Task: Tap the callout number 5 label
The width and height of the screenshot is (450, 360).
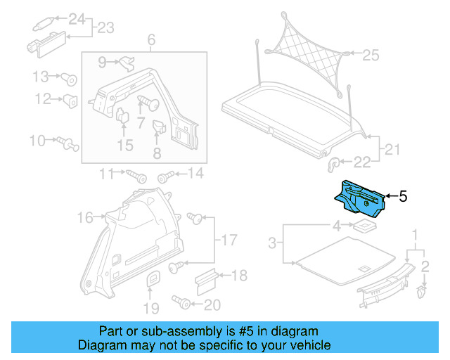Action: [x=403, y=197]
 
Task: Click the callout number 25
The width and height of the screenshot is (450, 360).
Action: [x=370, y=54]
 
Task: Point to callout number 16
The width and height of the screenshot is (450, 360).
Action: [x=85, y=219]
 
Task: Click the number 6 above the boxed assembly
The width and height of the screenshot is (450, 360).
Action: [x=150, y=41]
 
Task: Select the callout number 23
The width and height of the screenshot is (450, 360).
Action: [x=105, y=28]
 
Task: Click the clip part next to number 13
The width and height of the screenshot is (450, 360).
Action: [x=70, y=78]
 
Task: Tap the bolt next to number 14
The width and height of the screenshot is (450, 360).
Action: [x=167, y=175]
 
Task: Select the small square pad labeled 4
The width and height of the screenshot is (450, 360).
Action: [x=364, y=226]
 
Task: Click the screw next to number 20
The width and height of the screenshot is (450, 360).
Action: [x=183, y=304]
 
